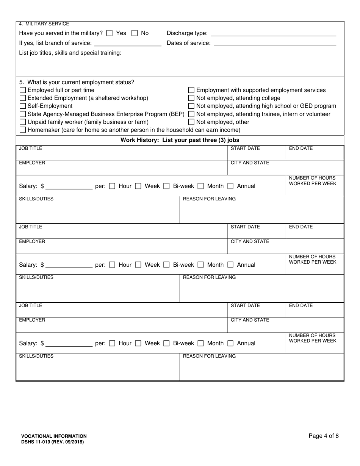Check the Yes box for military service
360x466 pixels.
pos(110,33)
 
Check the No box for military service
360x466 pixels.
pos(135,33)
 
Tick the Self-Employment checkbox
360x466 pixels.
pos(23,106)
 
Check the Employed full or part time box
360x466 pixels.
pos(23,90)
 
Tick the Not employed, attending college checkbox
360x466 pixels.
pos(191,98)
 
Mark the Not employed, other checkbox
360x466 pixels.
pos(191,122)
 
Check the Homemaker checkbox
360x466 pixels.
pos(23,130)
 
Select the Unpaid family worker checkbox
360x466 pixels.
pos(23,122)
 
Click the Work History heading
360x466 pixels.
pos(180,140)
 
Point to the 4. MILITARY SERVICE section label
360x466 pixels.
pos(44,24)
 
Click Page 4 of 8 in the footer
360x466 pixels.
pos(324,436)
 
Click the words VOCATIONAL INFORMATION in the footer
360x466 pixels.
pos(53,436)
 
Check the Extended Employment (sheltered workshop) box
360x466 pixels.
pos(23,98)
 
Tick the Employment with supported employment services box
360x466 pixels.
pos(191,90)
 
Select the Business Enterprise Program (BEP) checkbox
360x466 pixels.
pos(23,114)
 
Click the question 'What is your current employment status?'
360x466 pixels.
pos(77,82)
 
